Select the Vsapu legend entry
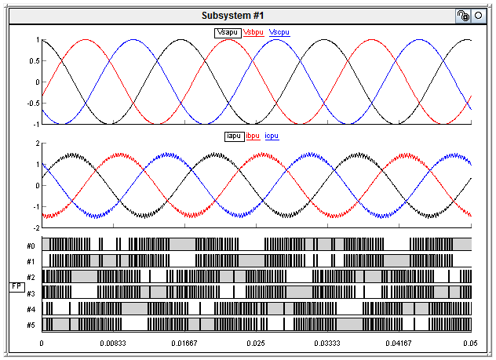tap(228, 32)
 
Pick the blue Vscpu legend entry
tap(279, 32)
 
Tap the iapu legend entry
tap(233, 136)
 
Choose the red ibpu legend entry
tap(253, 136)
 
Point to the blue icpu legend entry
tap(272, 136)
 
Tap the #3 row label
tap(30, 293)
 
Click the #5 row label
tap(30, 325)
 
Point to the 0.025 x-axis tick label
tap(256, 344)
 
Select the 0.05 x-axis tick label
tap(469, 344)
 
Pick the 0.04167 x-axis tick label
tap(399, 344)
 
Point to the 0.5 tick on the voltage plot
tap(33, 61)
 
